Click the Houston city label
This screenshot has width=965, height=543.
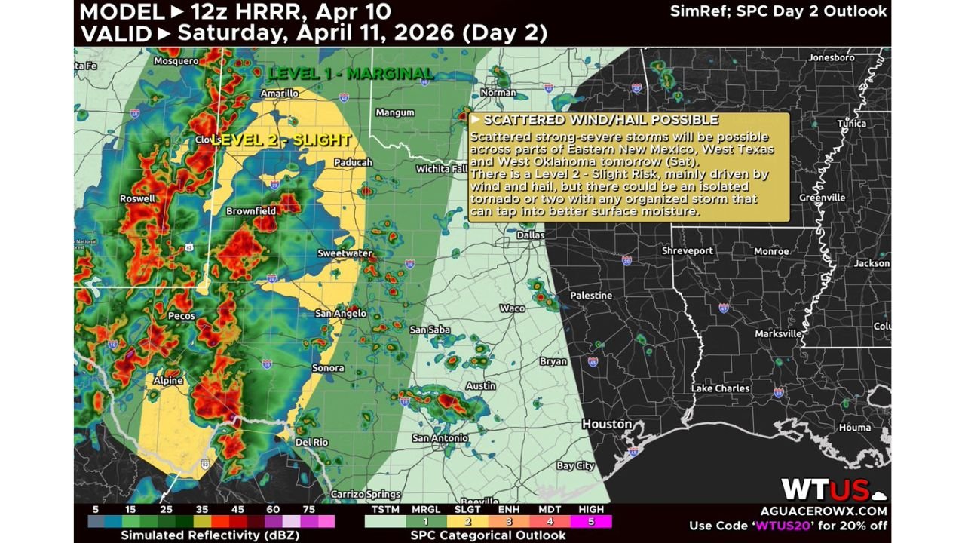point(607,425)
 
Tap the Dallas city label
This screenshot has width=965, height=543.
point(531,235)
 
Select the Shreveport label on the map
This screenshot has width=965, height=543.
point(687,250)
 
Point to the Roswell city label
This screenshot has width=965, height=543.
point(137,199)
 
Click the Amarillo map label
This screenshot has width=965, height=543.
point(279,94)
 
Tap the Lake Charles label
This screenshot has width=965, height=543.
point(720,388)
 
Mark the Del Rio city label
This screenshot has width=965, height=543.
point(312,442)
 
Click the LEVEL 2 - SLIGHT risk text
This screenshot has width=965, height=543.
point(281,140)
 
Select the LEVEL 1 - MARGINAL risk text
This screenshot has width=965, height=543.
point(351,74)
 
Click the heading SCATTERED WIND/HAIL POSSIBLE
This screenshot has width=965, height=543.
point(600,120)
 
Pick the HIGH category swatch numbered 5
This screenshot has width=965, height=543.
point(591,521)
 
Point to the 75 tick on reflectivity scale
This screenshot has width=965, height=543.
point(308,510)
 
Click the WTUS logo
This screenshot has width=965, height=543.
point(825,490)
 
